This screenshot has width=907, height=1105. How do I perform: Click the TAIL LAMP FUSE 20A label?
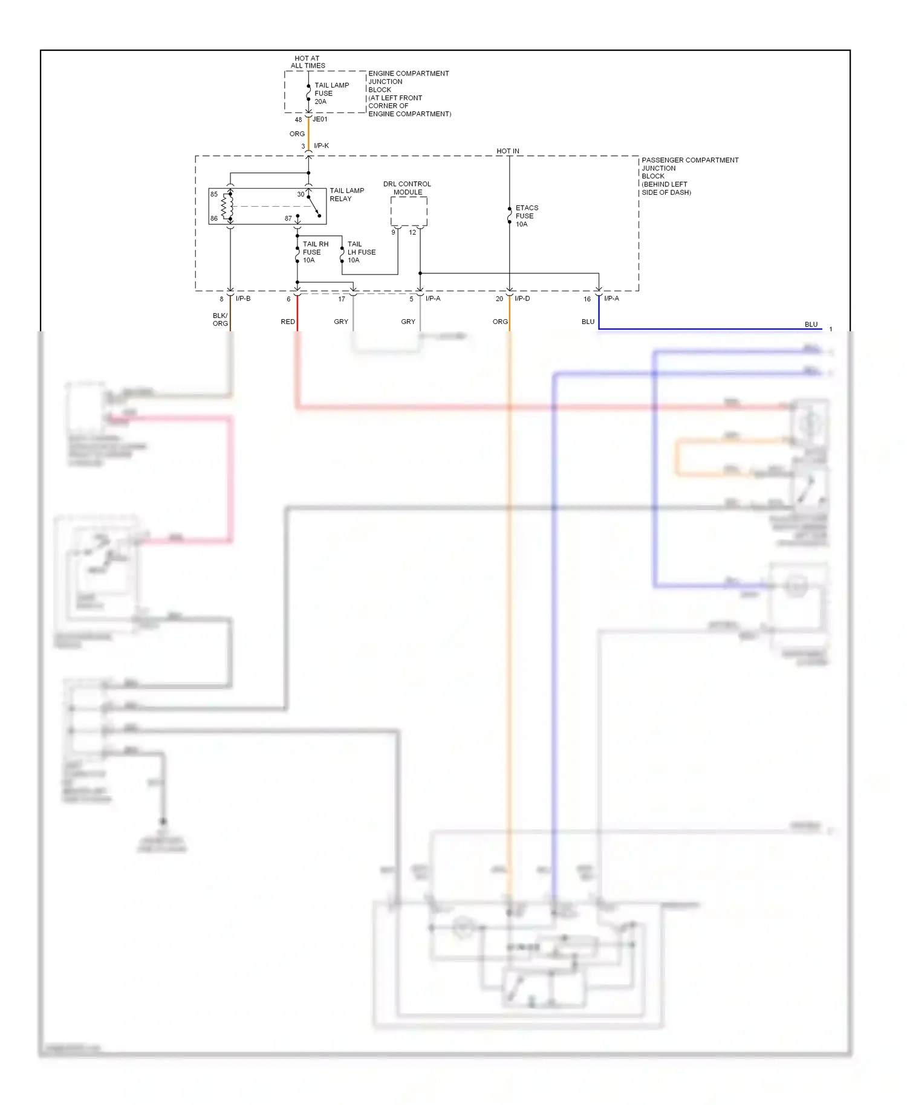[331, 93]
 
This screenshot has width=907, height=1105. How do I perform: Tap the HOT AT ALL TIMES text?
[308, 62]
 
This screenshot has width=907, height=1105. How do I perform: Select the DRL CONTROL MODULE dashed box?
[409, 211]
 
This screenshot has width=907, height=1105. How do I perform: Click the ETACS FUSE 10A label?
[526, 216]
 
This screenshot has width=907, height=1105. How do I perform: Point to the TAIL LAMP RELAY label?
[346, 195]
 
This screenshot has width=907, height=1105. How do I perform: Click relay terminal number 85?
[214, 194]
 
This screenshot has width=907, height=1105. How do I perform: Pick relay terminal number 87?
[288, 218]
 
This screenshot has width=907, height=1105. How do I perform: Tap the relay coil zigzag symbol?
[227, 206]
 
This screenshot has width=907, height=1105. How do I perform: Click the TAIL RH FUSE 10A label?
[314, 252]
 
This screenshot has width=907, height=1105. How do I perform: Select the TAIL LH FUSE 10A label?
[361, 252]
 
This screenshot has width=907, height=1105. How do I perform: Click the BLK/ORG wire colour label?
[220, 319]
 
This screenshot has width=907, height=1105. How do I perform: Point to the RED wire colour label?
[288, 322]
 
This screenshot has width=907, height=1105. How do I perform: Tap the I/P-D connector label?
[522, 299]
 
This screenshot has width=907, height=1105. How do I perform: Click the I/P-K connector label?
[321, 146]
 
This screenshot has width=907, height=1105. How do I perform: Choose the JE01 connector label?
[320, 119]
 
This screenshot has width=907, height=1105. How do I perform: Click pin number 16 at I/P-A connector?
[587, 299]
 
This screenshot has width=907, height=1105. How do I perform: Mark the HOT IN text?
[508, 151]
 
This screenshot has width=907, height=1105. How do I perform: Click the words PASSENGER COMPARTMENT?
[690, 160]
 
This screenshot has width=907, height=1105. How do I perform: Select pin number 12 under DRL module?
[412, 233]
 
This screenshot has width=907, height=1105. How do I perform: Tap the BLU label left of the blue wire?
[588, 322]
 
